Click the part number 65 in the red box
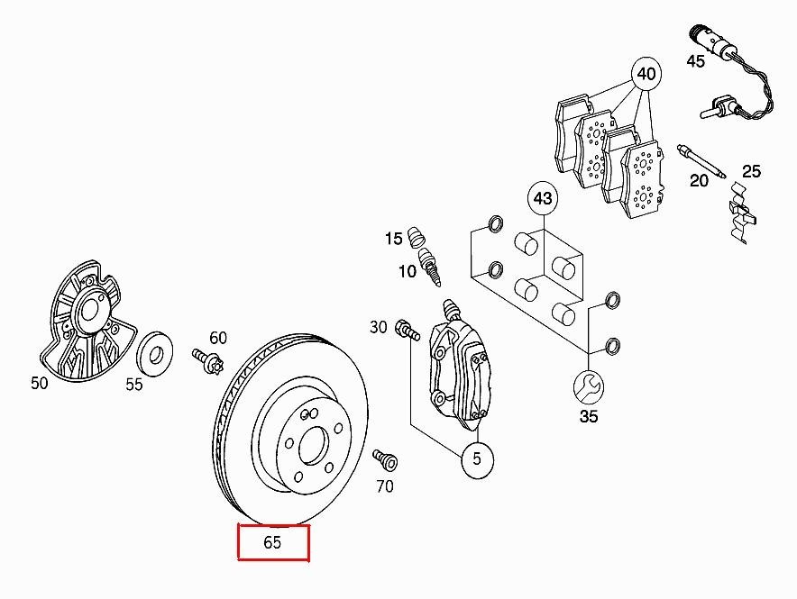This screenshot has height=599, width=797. tap(272, 542)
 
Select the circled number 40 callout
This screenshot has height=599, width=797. tap(646, 74)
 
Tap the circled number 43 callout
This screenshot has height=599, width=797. tap(543, 198)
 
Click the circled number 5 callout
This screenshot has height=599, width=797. tap(477, 458)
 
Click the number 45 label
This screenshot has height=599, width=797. tap(695, 61)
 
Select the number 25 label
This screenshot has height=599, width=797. tap(751, 171)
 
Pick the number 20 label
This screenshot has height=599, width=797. tap(699, 180)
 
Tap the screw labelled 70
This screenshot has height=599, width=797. tap(386, 458)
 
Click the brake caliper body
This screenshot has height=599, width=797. tap(460, 365)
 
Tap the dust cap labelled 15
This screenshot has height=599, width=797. tap(417, 236)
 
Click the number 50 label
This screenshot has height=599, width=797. tap(39, 383)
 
